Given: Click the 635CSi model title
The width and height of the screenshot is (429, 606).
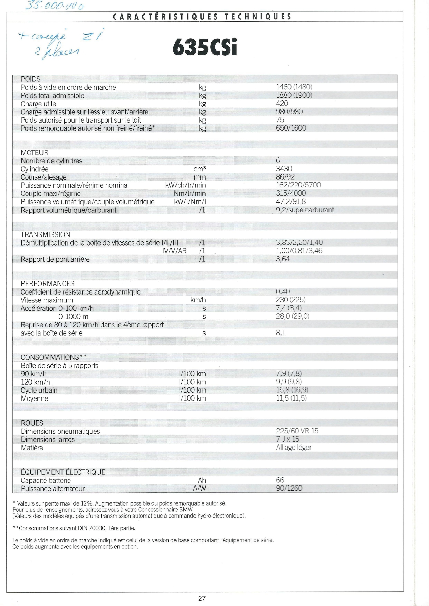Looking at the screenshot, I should coord(205,48).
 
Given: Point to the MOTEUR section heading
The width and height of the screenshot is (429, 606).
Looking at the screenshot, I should coord(35,153).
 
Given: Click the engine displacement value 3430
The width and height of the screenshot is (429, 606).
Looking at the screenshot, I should coord(284,169).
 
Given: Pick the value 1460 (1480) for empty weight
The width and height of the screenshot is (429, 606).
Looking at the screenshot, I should coord(294,87).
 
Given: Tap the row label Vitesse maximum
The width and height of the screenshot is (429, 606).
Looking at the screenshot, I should coord(47,300).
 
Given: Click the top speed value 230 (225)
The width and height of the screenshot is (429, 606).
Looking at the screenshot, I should coord(290,300).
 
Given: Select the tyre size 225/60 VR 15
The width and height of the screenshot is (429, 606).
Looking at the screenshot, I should coord(297,431).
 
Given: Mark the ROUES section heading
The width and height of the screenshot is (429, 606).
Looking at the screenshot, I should coord(32,423).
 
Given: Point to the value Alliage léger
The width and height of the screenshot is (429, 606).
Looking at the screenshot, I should coord(294,448).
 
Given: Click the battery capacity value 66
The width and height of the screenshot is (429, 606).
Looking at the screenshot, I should coord(280,480).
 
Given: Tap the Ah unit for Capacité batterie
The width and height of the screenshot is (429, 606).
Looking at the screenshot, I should coord(202,480).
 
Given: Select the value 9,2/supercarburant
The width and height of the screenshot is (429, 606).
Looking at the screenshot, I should coord(305,210).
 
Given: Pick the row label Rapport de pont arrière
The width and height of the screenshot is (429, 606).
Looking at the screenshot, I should coord(55,259).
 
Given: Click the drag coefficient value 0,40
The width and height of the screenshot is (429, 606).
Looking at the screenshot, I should coord(283,292).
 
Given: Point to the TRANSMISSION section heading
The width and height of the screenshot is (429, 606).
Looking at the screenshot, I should coord(45,235).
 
